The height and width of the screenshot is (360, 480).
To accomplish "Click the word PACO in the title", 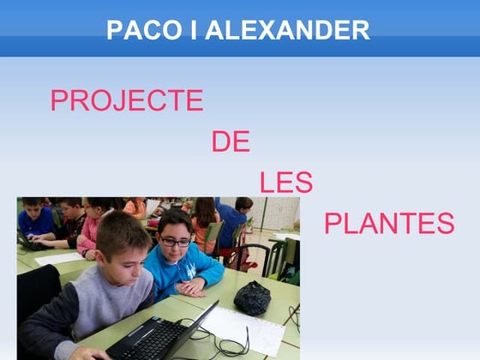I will coord(136,31).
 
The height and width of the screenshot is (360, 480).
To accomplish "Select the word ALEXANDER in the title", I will coord(287,31).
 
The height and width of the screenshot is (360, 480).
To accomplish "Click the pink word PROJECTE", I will coord(127,101).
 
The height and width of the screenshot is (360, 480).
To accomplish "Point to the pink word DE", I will coord(231,141).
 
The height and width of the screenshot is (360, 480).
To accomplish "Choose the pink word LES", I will coord(285,183).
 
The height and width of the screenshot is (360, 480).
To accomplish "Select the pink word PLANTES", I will coord(388,224).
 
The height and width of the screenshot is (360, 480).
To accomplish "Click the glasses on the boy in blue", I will coord(176,243).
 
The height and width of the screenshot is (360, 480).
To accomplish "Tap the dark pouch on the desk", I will coord(253,297).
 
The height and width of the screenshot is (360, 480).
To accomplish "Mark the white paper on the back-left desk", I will coord(58,258).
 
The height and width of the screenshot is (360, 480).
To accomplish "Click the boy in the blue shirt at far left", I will coord(34,219).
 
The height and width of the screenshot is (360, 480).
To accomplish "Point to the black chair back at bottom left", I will coord(38,291).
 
